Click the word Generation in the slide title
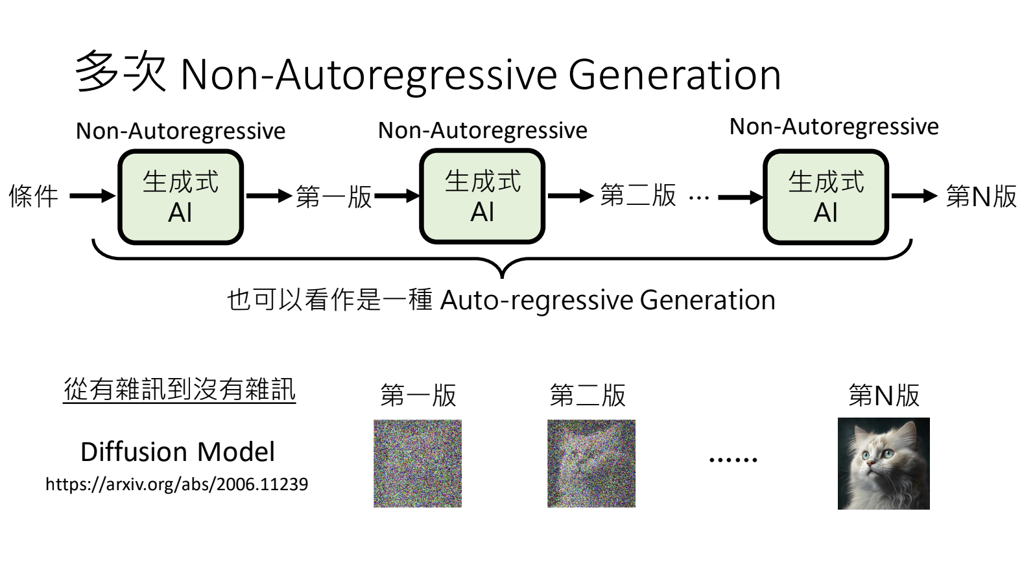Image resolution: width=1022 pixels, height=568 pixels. (x=674, y=75)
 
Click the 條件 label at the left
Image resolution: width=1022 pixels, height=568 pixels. (x=34, y=196)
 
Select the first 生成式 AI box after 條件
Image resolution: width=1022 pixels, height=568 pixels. (x=180, y=197)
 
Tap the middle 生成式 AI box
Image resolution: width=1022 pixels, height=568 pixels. (x=482, y=196)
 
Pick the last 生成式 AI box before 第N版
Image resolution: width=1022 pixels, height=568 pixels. (x=826, y=197)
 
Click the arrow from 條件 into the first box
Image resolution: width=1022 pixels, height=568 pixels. (x=92, y=196)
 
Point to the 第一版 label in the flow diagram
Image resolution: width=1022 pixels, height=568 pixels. (x=334, y=196)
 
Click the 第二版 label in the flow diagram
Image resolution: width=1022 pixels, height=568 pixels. (x=638, y=195)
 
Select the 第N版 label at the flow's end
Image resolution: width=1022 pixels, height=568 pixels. (x=981, y=196)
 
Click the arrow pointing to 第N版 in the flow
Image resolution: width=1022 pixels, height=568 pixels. (x=914, y=195)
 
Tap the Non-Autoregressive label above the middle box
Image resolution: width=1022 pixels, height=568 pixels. (x=482, y=130)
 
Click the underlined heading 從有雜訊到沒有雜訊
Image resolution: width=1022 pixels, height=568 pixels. (x=180, y=389)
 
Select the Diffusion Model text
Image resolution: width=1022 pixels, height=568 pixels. (x=178, y=452)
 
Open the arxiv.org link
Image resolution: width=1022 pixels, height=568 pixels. (x=176, y=484)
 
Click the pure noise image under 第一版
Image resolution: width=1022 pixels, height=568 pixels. (x=418, y=463)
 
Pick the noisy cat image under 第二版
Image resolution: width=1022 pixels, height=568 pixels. (x=591, y=463)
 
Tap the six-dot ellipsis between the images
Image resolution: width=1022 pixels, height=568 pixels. (x=733, y=460)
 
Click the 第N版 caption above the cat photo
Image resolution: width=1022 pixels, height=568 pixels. (x=884, y=395)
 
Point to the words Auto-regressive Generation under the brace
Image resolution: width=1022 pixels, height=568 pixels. (x=608, y=300)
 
